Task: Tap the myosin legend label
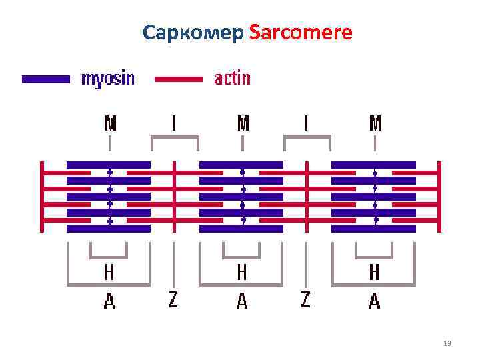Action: coord(107,79)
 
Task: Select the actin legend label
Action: coord(232,79)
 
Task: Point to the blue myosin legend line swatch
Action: coord(46,79)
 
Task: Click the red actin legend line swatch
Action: coord(179,79)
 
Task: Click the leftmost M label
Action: coord(111,123)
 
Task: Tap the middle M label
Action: coord(243,123)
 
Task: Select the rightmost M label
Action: coord(375,123)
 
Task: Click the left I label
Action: coord(174,123)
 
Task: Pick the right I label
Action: coord(307,123)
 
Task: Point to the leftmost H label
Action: coord(109,272)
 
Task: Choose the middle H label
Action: coord(242,272)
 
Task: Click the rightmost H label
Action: coord(375,272)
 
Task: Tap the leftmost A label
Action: coord(109,301)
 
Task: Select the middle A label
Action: coord(242,301)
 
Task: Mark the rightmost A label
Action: coord(375,301)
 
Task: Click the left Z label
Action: coord(173,300)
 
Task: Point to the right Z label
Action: coord(305,300)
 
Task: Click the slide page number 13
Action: coord(447,344)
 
